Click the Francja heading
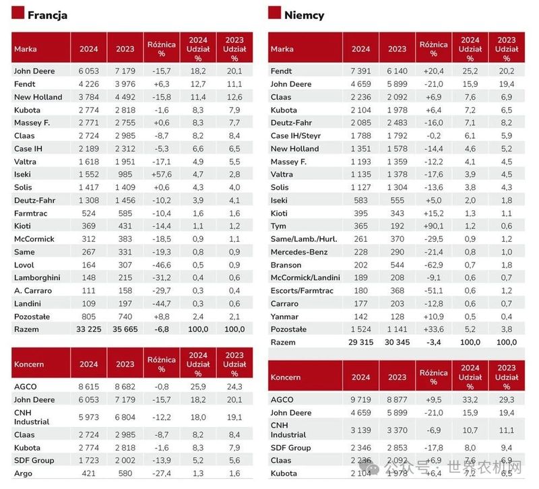[47, 15]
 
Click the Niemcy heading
[305, 15]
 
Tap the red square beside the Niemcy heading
[274, 12]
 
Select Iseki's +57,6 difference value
[162, 174]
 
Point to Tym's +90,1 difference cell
[433, 226]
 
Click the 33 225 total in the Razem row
[89, 329]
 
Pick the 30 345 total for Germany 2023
[397, 342]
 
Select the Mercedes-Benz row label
[299, 252]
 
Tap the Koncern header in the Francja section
[29, 364]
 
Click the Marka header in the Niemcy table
[282, 49]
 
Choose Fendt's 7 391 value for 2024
[360, 71]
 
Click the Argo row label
[23, 474]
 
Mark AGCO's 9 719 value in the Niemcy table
[360, 399]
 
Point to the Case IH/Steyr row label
[296, 136]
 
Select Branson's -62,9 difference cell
[433, 265]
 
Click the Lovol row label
[24, 265]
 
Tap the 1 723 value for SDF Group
[89, 461]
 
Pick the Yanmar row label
[284, 317]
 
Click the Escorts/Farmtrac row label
[302, 291]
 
